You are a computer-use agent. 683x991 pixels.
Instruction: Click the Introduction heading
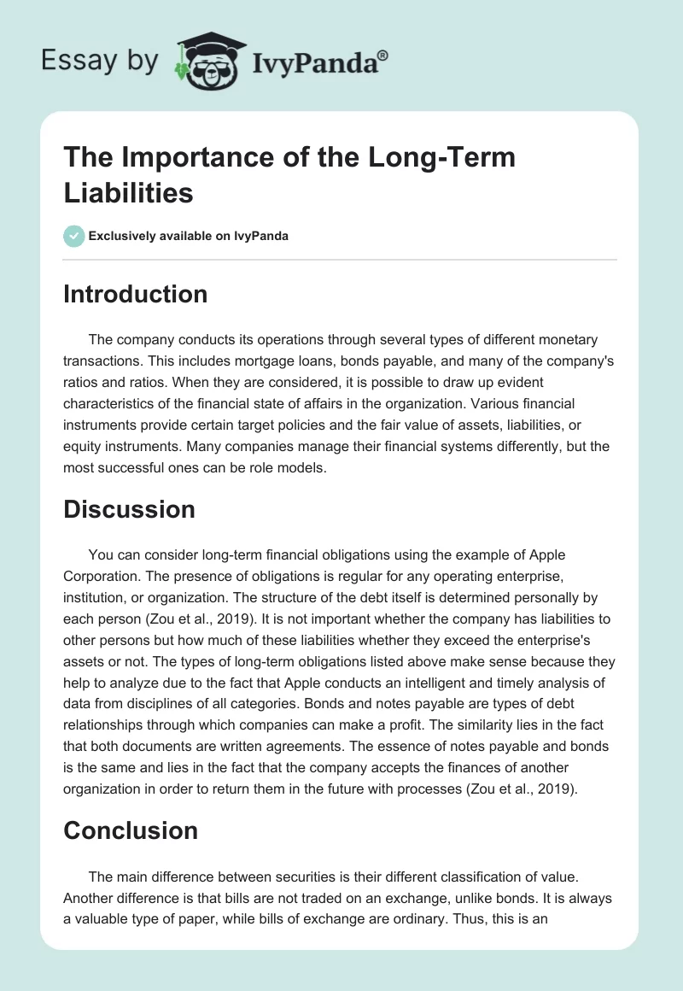point(136,294)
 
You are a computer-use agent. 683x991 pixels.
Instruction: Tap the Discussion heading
point(129,509)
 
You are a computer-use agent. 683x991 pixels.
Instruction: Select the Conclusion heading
point(131,830)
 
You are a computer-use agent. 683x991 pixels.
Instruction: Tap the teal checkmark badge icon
point(74,236)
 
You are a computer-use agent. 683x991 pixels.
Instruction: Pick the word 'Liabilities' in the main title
point(129,193)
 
